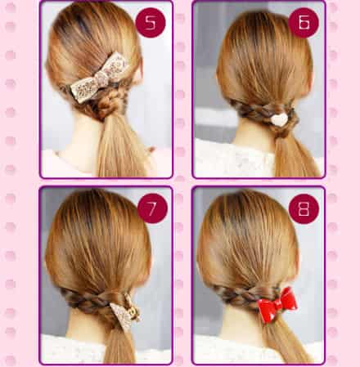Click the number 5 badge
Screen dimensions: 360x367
coord(151,23)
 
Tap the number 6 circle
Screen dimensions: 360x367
coord(304,23)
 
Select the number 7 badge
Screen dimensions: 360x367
coord(152,208)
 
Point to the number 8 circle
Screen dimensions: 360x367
coord(304,209)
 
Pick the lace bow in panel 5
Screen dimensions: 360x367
coord(98,78)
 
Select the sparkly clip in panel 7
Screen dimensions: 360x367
coord(125,311)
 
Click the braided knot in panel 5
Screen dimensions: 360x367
coord(105,105)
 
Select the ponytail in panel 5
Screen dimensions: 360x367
coord(120,147)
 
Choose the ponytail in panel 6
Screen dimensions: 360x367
coord(296,155)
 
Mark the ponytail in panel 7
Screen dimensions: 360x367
coord(120,345)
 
